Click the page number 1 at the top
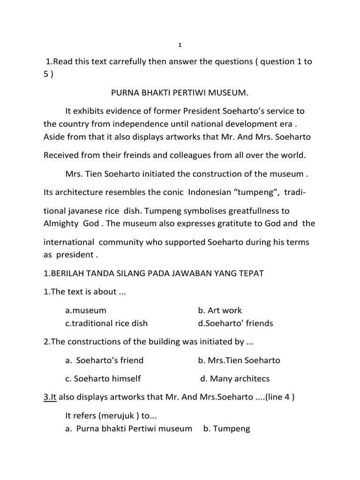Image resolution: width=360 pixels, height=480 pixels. tap(180, 45)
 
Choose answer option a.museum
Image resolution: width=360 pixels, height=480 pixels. tap(86, 310)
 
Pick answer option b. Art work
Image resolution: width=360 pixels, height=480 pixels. tap(220, 310)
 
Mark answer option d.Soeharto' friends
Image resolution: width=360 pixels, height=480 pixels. tap(235, 323)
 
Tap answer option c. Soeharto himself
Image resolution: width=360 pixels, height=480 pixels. tap(103, 379)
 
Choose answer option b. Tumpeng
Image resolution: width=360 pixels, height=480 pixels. tap(226, 428)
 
